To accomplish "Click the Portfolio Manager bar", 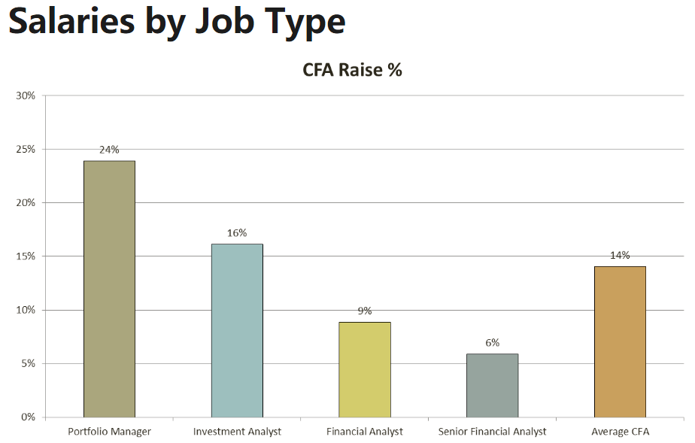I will pos(109,289).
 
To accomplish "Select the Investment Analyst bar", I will pos(237,330).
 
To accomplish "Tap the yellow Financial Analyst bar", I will pos(365,369).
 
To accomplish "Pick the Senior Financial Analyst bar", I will pos(492,385).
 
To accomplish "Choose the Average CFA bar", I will pos(620,341).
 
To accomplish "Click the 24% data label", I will pos(109,150).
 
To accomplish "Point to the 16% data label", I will pos(237,233).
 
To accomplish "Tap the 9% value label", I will pos(365,311).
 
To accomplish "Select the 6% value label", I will pos(492,343).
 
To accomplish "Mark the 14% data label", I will pos(620,256).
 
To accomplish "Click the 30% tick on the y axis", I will pos(26,96).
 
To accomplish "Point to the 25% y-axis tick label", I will pos(26,149).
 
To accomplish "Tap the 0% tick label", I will pos(28,417).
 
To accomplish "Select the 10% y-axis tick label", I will pos(26,310).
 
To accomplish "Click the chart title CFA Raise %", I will pos(352,70).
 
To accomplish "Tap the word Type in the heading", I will pos(301,23).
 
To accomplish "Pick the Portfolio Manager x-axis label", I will pos(109,432).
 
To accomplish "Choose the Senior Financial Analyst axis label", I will pos(492,432).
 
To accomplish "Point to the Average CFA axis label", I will pos(620,432).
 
